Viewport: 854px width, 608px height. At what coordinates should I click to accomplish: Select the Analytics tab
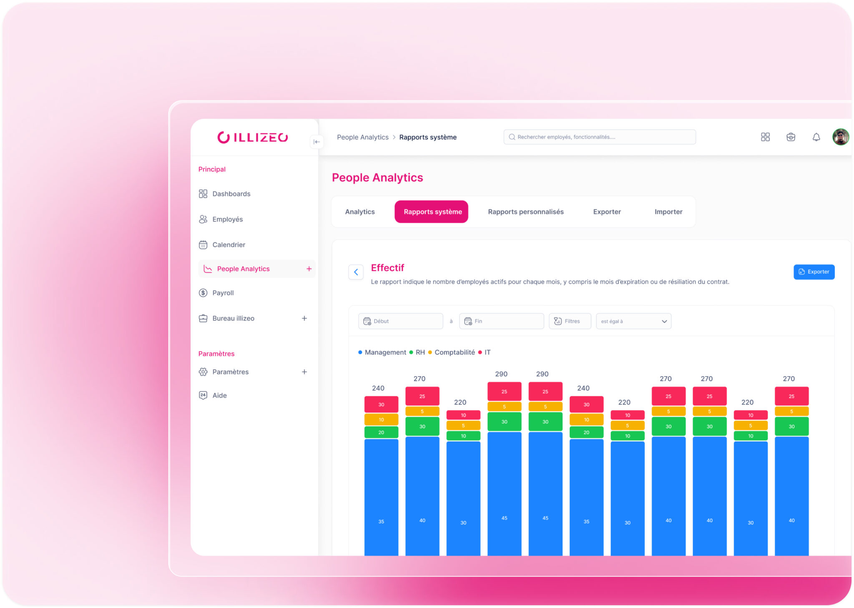(x=360, y=212)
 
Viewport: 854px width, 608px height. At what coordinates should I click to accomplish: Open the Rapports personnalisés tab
(x=525, y=212)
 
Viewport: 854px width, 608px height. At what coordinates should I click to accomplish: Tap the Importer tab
(x=668, y=212)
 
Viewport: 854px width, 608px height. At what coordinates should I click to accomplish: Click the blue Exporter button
(x=814, y=272)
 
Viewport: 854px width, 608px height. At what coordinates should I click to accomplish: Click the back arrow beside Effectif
(x=356, y=272)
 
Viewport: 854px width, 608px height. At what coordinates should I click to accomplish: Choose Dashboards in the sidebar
(x=231, y=194)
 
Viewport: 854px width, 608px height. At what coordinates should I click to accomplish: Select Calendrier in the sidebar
(x=229, y=245)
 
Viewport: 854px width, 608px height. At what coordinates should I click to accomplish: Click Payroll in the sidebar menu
(x=223, y=293)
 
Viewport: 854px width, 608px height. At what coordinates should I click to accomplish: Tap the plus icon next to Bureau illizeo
(x=304, y=319)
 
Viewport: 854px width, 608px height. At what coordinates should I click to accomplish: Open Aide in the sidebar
(x=219, y=395)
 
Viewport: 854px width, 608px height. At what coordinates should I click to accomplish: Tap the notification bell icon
(x=816, y=137)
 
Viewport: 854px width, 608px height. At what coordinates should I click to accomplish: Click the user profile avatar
(x=841, y=137)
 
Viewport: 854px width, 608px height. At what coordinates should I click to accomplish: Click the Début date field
(x=400, y=322)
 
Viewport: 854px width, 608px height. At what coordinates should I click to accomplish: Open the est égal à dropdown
(x=633, y=322)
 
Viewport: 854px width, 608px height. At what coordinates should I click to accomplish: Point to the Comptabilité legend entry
(x=454, y=352)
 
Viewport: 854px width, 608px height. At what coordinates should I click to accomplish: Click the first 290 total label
(x=501, y=374)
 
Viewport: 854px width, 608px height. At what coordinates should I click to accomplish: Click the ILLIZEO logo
(x=253, y=138)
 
